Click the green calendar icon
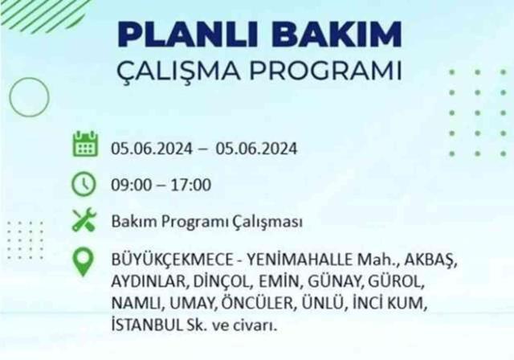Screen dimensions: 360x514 84,147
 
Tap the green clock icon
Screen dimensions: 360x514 84,184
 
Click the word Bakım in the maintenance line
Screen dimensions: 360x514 129,221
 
